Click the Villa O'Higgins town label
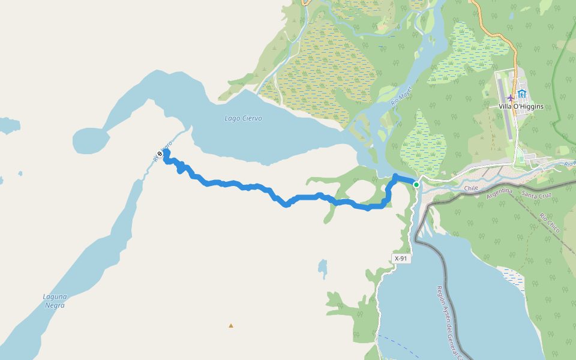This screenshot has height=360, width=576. [x=521, y=107]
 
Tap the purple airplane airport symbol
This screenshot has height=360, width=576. [x=511, y=97]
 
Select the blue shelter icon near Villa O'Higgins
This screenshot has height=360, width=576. [x=522, y=94]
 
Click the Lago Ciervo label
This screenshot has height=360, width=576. [x=243, y=118]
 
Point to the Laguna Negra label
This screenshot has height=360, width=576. [x=54, y=301]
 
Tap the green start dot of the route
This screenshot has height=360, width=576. [x=416, y=185]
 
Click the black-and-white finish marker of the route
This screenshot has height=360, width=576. [x=160, y=154]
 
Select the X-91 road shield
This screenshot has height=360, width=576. [x=401, y=259]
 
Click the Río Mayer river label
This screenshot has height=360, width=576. [x=400, y=96]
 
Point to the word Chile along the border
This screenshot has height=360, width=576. [x=471, y=188]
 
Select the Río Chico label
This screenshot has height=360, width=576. [x=550, y=223]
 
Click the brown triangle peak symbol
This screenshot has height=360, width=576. [x=231, y=326]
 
